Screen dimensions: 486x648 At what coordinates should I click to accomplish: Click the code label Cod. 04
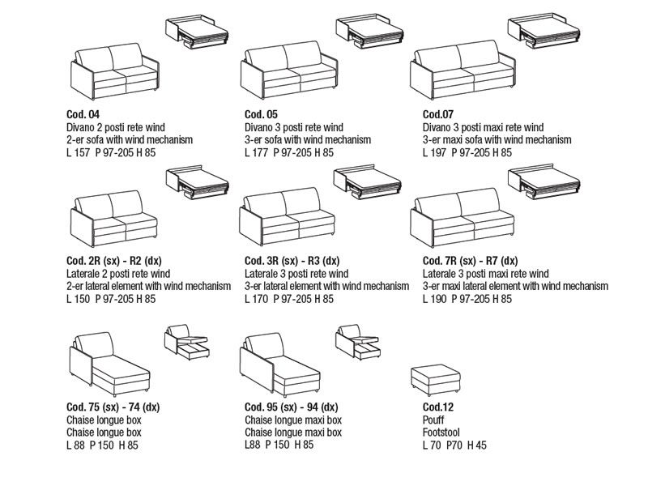83,115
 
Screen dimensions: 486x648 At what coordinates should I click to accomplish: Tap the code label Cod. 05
261,115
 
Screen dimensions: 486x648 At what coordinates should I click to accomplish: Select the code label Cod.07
438,115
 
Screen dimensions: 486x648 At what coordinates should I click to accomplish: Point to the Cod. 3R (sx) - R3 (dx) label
292,262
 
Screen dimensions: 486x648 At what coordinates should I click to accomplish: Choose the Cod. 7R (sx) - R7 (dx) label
470,262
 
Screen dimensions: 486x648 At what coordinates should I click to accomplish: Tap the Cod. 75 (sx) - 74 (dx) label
113,408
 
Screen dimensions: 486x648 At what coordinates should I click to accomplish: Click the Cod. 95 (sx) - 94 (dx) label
292,408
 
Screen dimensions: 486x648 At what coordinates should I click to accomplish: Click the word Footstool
442,433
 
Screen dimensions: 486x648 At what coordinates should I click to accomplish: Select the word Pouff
435,420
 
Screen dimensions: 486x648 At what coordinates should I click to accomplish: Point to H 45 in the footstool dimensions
475,445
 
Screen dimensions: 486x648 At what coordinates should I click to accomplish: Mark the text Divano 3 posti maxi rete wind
483,128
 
